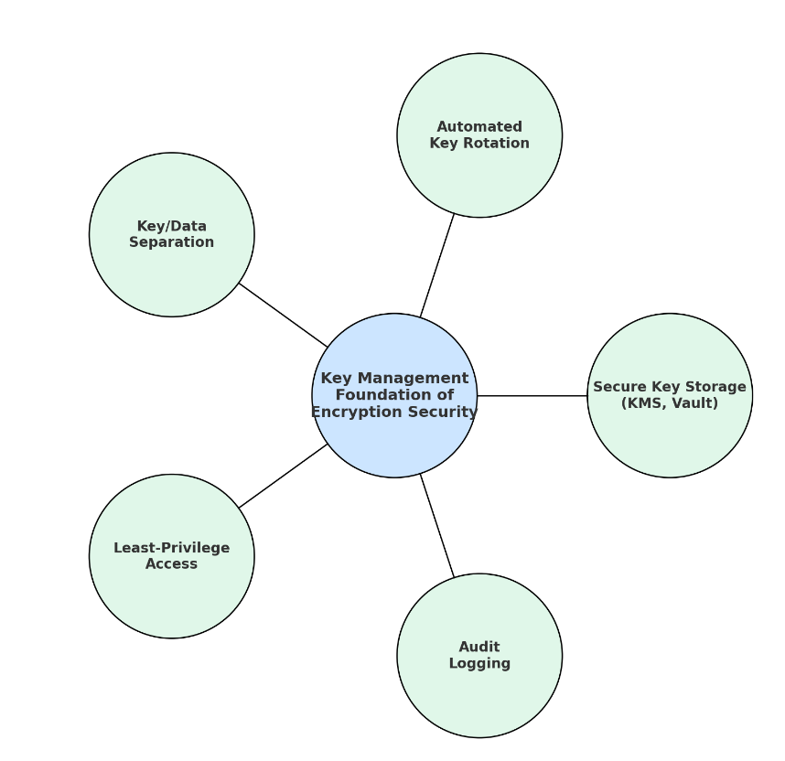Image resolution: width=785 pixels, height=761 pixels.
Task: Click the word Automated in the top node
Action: coord(479,127)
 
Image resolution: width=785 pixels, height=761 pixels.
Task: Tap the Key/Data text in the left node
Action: coord(172,227)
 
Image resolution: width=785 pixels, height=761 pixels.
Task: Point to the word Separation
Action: coord(172,242)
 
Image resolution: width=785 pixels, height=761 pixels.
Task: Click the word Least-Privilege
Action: coord(172,548)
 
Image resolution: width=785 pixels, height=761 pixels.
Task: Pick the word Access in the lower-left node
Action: coord(172,564)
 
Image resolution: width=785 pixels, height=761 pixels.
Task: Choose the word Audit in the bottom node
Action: coord(479,648)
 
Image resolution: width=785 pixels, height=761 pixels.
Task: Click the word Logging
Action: coord(479,664)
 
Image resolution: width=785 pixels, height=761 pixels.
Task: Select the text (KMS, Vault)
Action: coord(670,403)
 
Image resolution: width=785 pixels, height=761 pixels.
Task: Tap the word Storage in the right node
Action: coord(717,387)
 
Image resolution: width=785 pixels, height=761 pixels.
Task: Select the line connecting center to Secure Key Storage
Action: coord(532,396)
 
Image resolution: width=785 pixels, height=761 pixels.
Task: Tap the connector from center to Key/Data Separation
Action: coord(283,315)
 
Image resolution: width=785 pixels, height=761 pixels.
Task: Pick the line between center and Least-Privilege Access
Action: coord(283,477)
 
